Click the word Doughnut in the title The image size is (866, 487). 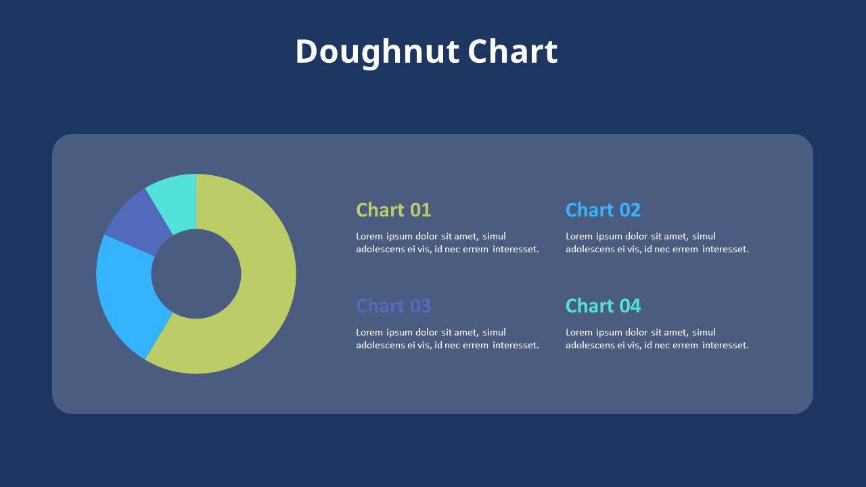[378, 53]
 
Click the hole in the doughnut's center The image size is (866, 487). [196, 274]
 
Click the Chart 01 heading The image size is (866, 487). [393, 210]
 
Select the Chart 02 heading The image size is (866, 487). [603, 210]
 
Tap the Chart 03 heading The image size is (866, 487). [393, 306]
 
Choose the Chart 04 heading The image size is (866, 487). [603, 306]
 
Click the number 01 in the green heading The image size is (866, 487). [420, 210]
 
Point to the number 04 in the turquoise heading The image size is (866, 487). [630, 306]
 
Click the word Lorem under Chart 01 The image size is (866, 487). [369, 236]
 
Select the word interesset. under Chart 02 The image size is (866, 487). [725, 250]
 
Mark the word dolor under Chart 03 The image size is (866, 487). [426, 332]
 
